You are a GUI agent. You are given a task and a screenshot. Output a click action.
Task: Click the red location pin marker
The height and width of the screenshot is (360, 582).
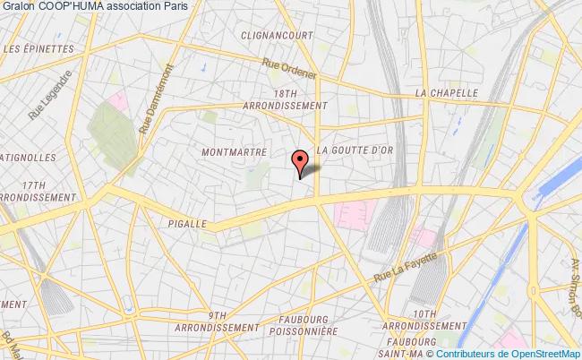(299, 162)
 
